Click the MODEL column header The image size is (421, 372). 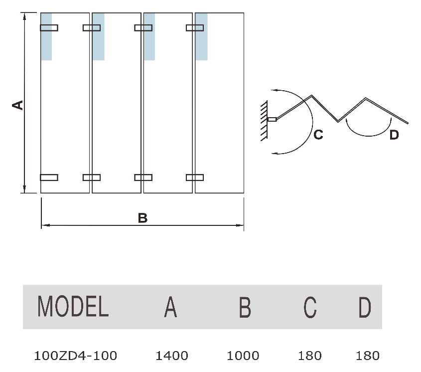pyautogui.click(x=73, y=307)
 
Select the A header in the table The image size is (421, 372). pyautogui.click(x=170, y=307)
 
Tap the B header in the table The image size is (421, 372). pyautogui.click(x=245, y=307)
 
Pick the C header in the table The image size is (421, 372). pyautogui.click(x=310, y=307)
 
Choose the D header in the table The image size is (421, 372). pyautogui.click(x=365, y=307)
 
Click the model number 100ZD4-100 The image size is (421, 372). pyautogui.click(x=76, y=356)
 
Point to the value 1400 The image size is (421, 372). pyautogui.click(x=172, y=356)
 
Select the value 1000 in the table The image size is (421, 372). pyautogui.click(x=243, y=356)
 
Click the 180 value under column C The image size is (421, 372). pyautogui.click(x=310, y=356)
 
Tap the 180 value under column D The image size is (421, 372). pyautogui.click(x=368, y=356)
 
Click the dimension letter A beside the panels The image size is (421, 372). pyautogui.click(x=17, y=104)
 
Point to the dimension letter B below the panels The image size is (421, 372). pyautogui.click(x=142, y=218)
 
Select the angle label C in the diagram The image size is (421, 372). pyautogui.click(x=318, y=134)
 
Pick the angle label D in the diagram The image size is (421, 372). pyautogui.click(x=394, y=135)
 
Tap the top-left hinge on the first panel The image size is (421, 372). pyautogui.click(x=49, y=27)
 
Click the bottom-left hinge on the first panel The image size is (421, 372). pyautogui.click(x=49, y=177)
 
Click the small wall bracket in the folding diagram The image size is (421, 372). pyautogui.click(x=272, y=119)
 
